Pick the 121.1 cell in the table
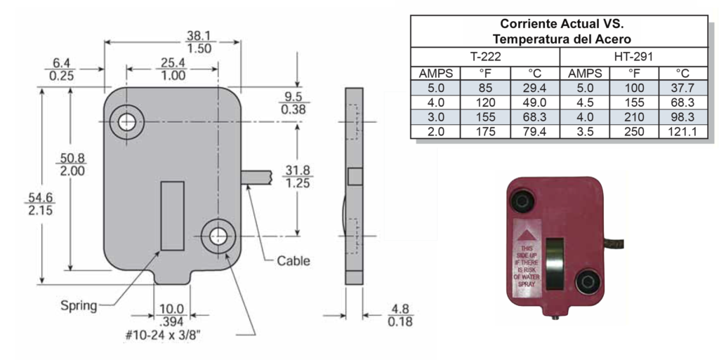[x=682, y=131]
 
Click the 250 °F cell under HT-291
[x=634, y=131]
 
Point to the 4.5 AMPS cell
[x=585, y=102]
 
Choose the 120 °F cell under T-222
[x=485, y=102]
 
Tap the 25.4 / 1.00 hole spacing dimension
[x=173, y=69]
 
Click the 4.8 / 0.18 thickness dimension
[x=400, y=315]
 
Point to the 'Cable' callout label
[x=293, y=261]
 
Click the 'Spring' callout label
[x=78, y=305]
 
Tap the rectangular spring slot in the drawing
[x=173, y=215]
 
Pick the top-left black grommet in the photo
[x=523, y=201]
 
